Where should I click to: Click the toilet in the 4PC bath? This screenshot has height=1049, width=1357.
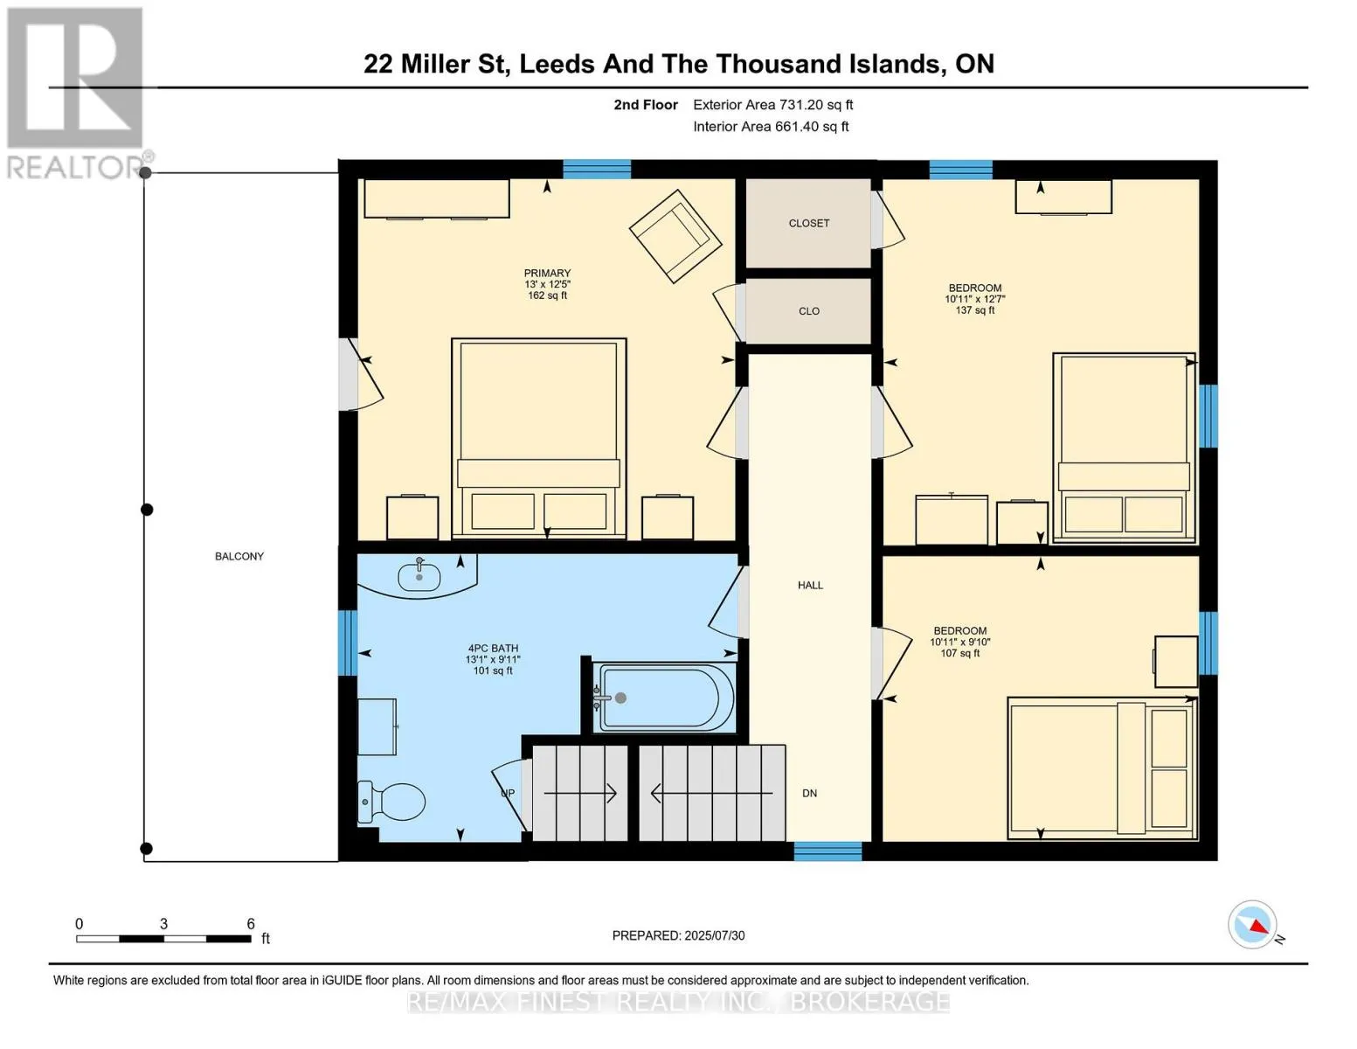tap(391, 802)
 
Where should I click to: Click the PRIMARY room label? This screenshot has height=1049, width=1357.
tap(547, 273)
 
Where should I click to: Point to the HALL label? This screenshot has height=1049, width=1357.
tap(810, 586)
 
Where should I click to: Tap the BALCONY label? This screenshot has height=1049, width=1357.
tap(239, 556)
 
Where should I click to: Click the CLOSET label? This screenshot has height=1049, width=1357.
tap(809, 223)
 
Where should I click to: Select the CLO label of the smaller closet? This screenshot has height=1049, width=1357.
tap(809, 311)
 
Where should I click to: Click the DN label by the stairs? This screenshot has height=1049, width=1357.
tap(809, 794)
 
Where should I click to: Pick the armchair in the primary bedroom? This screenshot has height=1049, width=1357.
tap(675, 236)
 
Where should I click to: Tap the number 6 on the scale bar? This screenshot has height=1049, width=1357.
tap(251, 923)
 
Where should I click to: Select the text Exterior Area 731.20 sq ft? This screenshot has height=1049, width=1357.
tap(772, 105)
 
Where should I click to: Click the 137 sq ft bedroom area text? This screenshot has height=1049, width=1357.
tap(975, 309)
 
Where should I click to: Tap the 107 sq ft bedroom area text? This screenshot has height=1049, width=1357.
tap(959, 653)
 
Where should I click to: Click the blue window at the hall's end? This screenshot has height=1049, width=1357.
tap(827, 851)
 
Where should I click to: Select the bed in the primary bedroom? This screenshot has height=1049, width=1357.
tap(538, 438)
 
